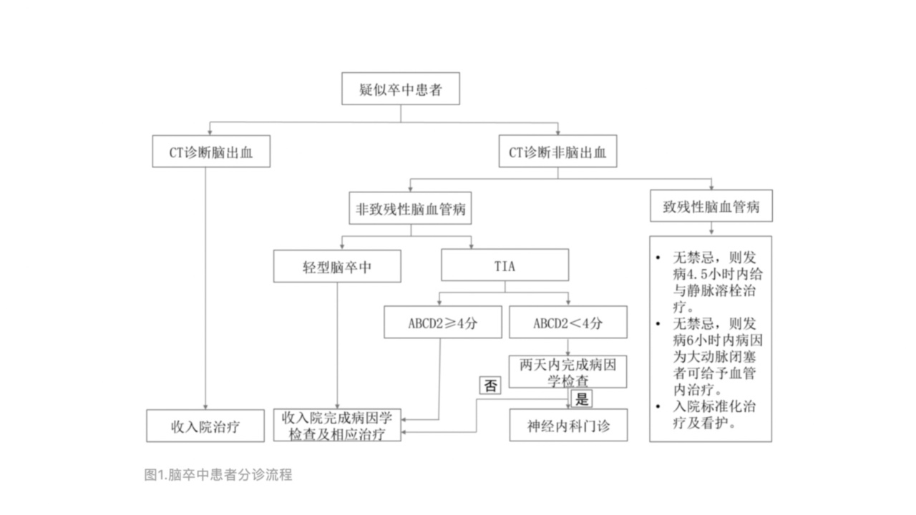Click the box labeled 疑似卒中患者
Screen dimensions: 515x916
pyautogui.click(x=400, y=89)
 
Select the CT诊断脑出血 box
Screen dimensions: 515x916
pyautogui.click(x=211, y=152)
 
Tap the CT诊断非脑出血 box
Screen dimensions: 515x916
pyautogui.click(x=557, y=152)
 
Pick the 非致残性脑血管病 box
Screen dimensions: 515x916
pyautogui.click(x=411, y=209)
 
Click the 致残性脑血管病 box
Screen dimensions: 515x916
pyautogui.click(x=711, y=207)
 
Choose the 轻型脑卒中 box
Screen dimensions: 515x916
pyautogui.click(x=337, y=267)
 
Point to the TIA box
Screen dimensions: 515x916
pyautogui.click(x=505, y=265)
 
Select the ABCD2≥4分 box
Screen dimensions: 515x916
pyautogui.click(x=443, y=322)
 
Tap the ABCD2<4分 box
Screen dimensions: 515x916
pyautogui.click(x=567, y=322)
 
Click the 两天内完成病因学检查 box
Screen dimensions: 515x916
pyautogui.click(x=567, y=372)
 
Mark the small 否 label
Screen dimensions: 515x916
pyautogui.click(x=489, y=386)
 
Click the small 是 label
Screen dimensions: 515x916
pyautogui.click(x=581, y=399)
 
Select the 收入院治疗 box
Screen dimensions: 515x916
pyautogui.click(x=205, y=426)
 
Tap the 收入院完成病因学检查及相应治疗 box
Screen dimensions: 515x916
pyautogui.click(x=338, y=426)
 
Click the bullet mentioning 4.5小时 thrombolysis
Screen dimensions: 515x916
pyautogui.click(x=713, y=281)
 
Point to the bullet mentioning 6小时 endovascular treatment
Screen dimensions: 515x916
pyautogui.click(x=713, y=355)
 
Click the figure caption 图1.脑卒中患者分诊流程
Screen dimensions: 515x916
pyautogui.click(x=218, y=474)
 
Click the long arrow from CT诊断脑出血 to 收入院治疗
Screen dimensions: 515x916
pyautogui.click(x=205, y=286)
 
